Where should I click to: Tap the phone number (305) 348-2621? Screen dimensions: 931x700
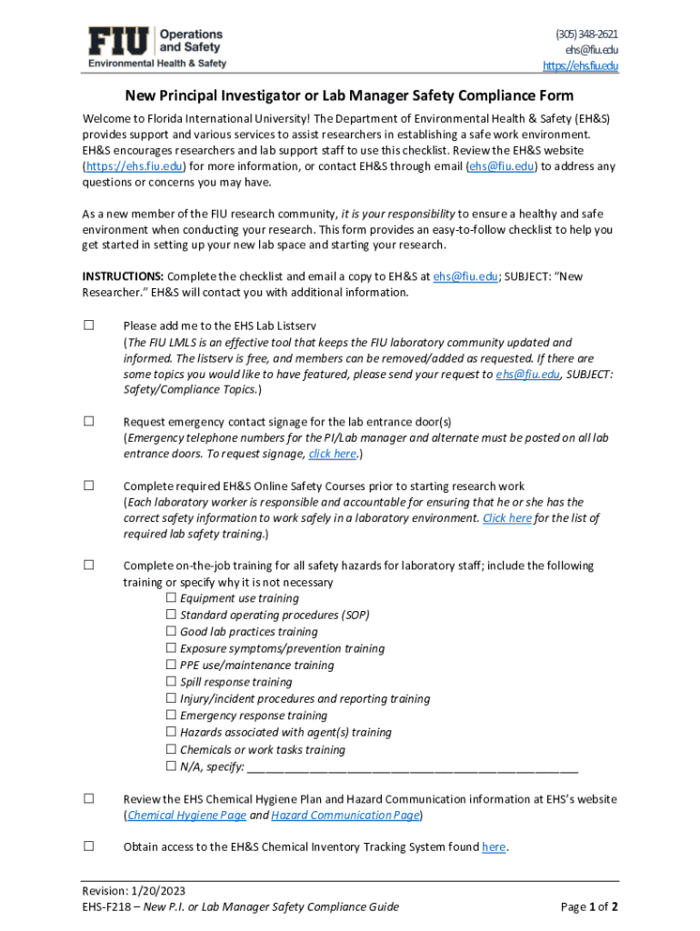(586, 34)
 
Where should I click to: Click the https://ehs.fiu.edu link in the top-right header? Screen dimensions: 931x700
(580, 65)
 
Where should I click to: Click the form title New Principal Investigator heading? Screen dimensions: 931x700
(349, 95)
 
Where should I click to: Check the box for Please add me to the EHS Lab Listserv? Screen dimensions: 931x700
(89, 325)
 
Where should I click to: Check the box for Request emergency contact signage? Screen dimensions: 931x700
(89, 421)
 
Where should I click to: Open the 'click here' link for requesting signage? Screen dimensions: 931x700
(332, 454)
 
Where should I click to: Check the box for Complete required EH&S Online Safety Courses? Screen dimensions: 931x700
(89, 486)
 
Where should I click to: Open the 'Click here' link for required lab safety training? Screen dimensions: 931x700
(506, 518)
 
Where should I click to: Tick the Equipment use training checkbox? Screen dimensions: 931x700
(172, 598)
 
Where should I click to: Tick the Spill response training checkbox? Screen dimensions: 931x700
(172, 682)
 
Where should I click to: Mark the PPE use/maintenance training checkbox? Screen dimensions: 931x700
(172, 666)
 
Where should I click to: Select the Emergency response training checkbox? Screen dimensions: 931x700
(172, 716)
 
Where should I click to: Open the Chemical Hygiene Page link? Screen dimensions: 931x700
(186, 816)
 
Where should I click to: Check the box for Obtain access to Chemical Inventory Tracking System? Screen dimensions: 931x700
(89, 846)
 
